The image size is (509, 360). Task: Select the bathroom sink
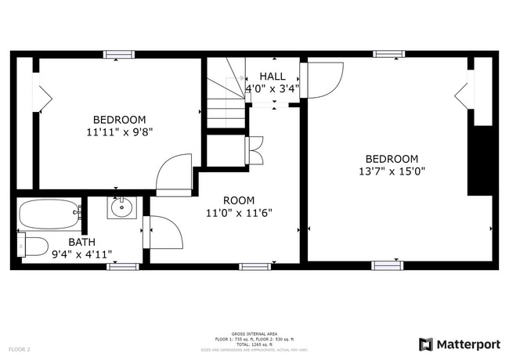coord(122,208)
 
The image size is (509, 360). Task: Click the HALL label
coord(273,76)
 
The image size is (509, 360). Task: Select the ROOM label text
coord(238,200)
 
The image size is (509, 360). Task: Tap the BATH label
coord(81,242)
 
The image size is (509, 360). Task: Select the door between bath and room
coord(163,232)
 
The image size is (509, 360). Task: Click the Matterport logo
coord(460,344)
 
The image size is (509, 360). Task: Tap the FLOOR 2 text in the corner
coord(20,349)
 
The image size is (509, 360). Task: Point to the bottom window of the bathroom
coord(122,267)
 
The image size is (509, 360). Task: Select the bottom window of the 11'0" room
coord(254,267)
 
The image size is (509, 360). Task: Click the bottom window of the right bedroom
coord(388,265)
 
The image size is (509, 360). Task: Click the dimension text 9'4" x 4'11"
coord(81,254)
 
